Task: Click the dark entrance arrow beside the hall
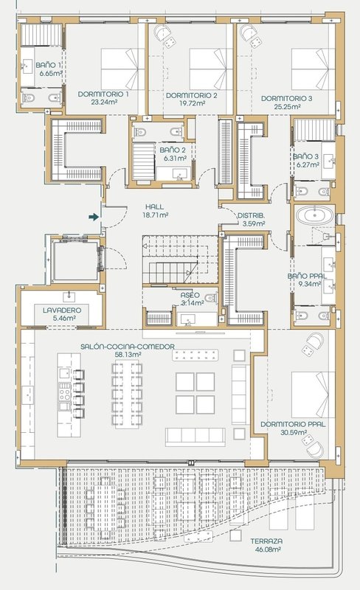tap(94, 217)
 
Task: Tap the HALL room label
tap(154, 207)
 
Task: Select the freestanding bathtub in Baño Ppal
tap(314, 216)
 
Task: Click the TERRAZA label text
tap(266, 541)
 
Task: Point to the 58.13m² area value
tap(128, 354)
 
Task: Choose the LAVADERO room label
tap(62, 310)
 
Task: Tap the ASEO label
tap(190, 296)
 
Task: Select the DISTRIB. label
tap(251, 216)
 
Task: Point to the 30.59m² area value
tap(294, 432)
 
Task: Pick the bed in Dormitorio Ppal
tap(314, 395)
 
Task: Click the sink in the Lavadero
tap(69, 296)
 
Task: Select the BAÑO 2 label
tap(173, 150)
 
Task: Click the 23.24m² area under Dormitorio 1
tap(104, 102)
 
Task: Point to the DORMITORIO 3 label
tap(286, 99)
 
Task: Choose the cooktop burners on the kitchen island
tap(65, 392)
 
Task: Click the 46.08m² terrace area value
tap(267, 549)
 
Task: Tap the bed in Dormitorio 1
tap(122, 69)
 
